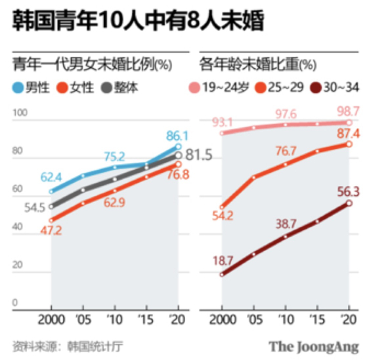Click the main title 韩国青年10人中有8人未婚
tap(137, 22)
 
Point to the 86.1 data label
tap(177, 136)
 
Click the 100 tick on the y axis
tap(21, 113)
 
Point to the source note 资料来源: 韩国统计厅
tap(67, 345)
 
